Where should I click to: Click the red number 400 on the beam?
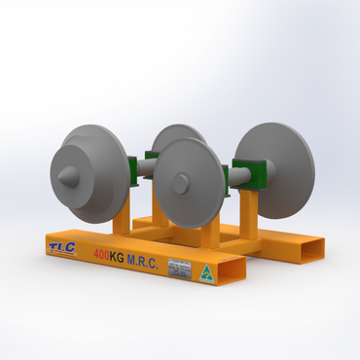(x=103, y=255)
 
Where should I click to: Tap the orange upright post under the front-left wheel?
(x=121, y=220)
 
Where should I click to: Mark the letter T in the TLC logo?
(x=54, y=247)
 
